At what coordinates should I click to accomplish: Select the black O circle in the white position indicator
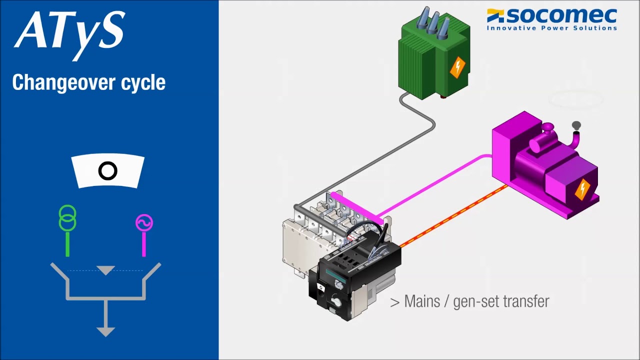click(107, 171)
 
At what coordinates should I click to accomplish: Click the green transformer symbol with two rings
click(67, 217)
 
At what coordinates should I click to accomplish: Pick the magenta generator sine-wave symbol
click(144, 222)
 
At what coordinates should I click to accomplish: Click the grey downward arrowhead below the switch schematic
click(105, 332)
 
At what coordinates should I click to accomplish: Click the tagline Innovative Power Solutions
click(551, 28)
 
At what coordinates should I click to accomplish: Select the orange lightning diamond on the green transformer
click(457, 67)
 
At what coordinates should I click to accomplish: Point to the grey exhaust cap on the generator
click(576, 125)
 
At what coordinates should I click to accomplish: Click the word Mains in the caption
click(422, 301)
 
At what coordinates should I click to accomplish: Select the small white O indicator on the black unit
click(321, 287)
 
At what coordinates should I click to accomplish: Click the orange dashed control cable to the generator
click(453, 216)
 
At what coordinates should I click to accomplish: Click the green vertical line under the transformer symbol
click(67, 243)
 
